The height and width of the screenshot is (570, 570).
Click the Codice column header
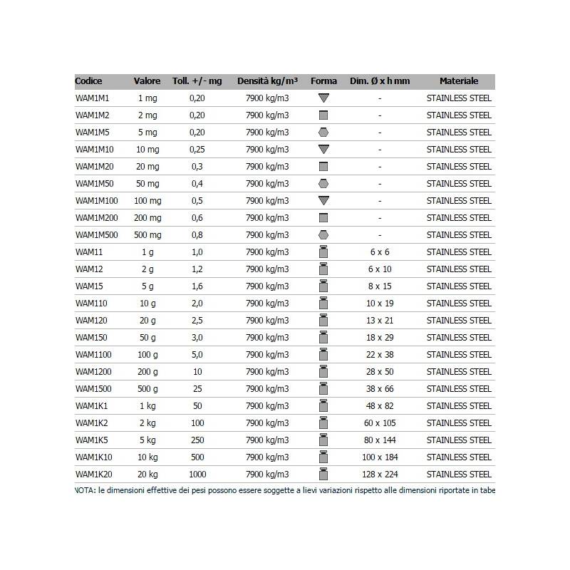(x=88, y=81)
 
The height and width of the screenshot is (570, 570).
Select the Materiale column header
(x=459, y=81)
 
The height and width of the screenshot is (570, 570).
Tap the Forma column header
(x=323, y=81)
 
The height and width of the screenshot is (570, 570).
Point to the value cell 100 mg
(x=147, y=201)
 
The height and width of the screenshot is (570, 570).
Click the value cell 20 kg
(x=147, y=475)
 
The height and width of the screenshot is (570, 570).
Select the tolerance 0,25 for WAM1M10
(x=197, y=150)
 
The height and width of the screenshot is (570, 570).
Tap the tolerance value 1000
(x=197, y=475)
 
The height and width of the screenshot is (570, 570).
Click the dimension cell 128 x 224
(x=380, y=475)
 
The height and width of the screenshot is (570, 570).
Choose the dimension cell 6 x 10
(x=380, y=269)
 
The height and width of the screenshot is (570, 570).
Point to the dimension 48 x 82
(x=380, y=406)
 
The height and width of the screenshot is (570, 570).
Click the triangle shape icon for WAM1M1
(x=323, y=98)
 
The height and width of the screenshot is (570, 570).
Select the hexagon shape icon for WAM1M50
(x=323, y=184)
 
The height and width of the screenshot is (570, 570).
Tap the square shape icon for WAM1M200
(x=323, y=217)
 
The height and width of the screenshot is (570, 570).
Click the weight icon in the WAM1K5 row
(x=323, y=440)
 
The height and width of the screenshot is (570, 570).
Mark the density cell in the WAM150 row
(x=267, y=338)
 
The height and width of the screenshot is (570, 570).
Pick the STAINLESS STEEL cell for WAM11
(x=459, y=252)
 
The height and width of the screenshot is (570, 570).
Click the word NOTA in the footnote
(x=84, y=490)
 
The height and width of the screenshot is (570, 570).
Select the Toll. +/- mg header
(x=197, y=81)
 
